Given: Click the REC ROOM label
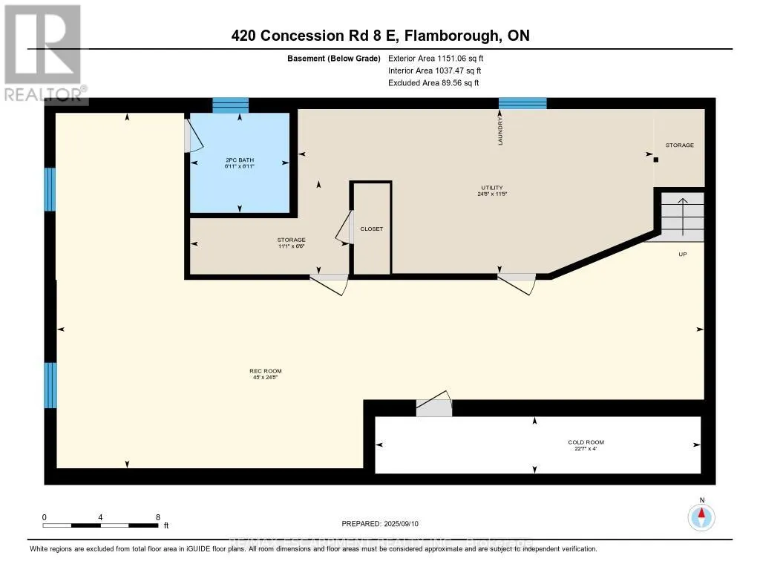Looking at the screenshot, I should coord(266,371).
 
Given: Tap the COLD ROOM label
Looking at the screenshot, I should coord(586,442).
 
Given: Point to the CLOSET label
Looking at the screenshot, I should coord(371,229).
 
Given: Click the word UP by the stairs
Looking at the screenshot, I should coord(682,254).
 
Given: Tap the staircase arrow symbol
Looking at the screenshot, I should coord(681,215).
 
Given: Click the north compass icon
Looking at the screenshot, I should coord(701,517).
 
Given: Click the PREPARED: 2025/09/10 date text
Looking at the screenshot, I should coord(379,523).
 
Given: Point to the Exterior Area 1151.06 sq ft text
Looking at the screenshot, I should coord(437,58).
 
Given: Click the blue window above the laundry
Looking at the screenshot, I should coord(522,103).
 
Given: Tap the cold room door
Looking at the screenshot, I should coord(433,407).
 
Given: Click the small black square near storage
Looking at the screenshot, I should coord(656,159).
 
